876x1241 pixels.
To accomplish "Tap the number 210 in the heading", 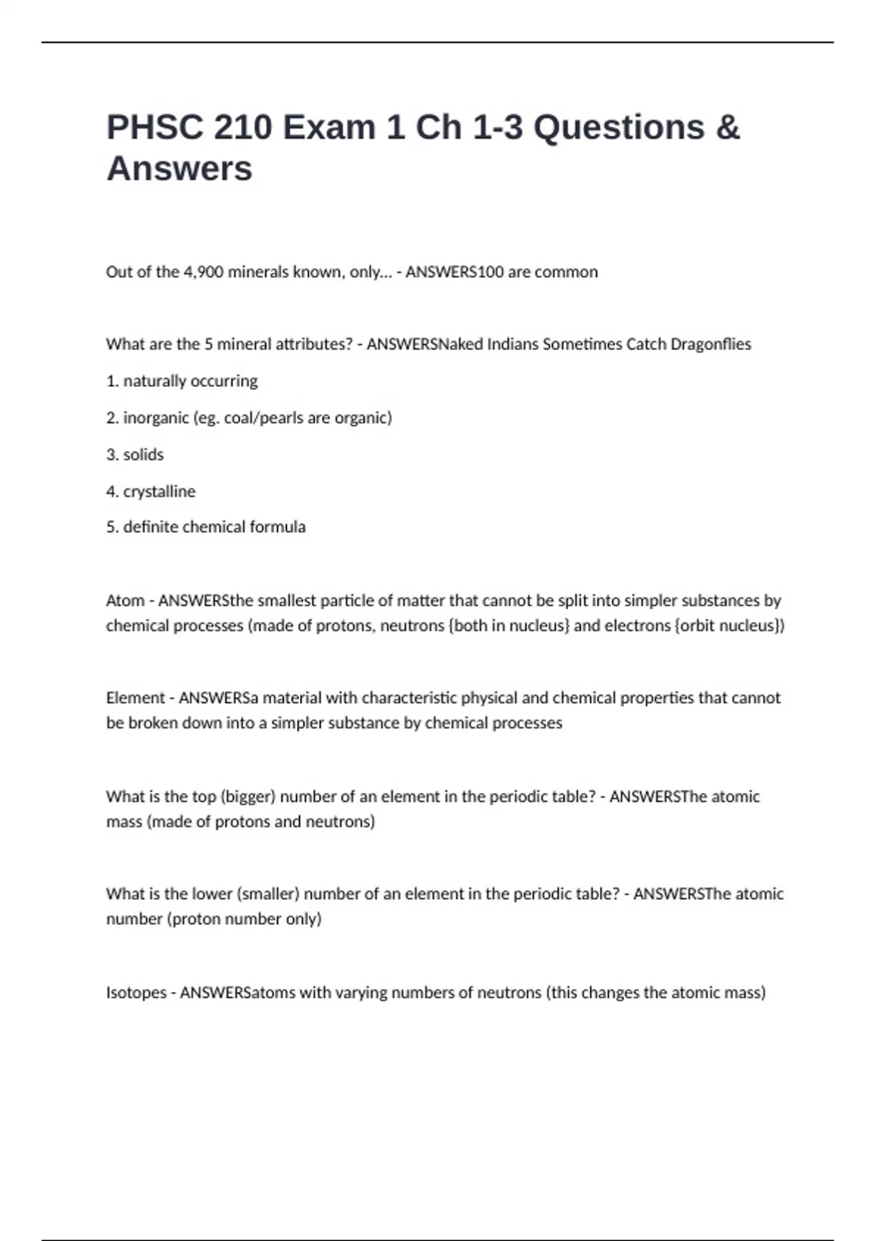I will pos(242,128).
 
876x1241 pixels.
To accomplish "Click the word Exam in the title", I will pos(329,128).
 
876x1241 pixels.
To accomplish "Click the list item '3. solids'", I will pos(135,455).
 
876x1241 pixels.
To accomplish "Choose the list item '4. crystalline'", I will pos(150,491).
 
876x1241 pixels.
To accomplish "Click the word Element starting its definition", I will pos(135,698).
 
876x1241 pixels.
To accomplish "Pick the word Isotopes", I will pos(136,993).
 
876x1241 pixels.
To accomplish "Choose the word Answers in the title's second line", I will pos(180,169).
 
